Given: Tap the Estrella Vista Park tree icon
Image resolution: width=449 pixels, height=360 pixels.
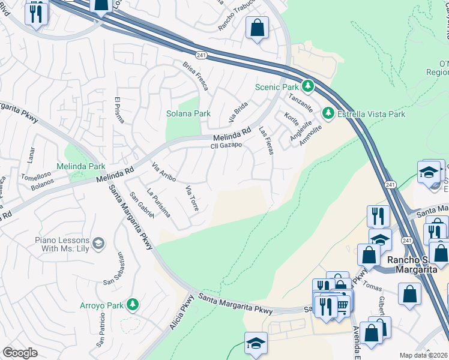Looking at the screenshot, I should tap(328, 113).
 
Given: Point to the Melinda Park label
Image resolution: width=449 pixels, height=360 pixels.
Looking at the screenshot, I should tap(80, 166).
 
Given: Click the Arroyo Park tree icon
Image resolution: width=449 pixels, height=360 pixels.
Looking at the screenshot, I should tap(132, 305).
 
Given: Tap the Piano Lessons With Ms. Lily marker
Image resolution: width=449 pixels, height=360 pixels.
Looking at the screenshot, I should tap(98, 243).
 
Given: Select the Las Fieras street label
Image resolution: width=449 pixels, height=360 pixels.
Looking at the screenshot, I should tap(266, 140).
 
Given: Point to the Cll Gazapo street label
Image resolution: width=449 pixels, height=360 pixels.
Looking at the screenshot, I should tap(226, 146).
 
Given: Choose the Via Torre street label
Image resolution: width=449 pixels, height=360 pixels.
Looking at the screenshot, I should tap(192, 198).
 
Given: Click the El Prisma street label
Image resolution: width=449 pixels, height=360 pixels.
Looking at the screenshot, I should tap(118, 109).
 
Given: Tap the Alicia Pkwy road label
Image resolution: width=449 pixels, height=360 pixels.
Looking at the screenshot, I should tap(179, 313).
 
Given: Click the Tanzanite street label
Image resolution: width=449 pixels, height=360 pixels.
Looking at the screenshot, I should tap(301, 103).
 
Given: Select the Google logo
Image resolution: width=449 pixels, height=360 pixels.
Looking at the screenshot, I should tap(20, 353).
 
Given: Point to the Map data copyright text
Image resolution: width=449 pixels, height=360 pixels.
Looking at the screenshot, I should tap(423, 355).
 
